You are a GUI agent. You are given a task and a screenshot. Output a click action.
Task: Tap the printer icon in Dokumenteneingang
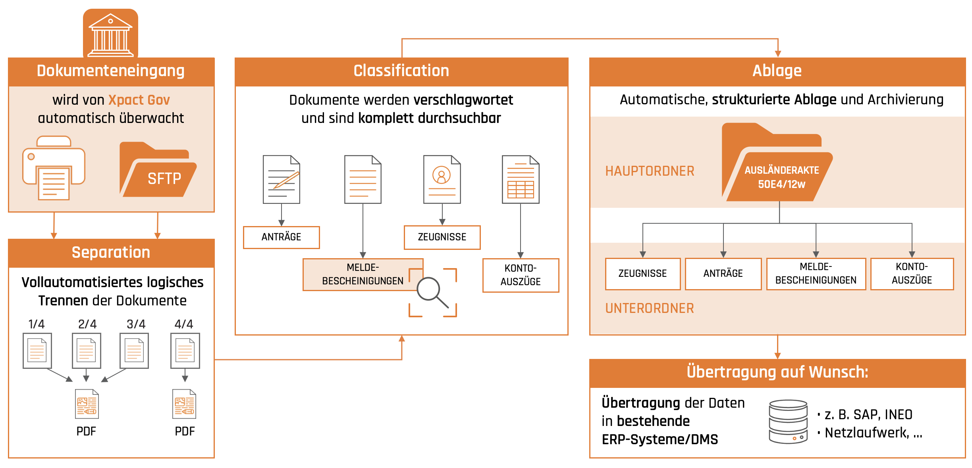tap(54, 168)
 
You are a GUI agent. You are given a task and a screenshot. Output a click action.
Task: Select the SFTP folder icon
tap(158, 169)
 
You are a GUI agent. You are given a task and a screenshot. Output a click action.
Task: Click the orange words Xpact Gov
tap(139, 100)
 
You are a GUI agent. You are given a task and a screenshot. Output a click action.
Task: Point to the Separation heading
tap(111, 253)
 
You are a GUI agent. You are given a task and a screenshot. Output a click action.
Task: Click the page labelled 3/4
tap(134, 351)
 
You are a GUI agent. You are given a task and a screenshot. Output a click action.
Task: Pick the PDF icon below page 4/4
tap(184, 404)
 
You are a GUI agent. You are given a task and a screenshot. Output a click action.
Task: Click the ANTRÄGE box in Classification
tap(282, 237)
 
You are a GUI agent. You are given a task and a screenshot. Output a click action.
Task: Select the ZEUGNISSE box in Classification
tap(442, 237)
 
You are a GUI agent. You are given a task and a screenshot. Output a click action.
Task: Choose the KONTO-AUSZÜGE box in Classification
tap(521, 275)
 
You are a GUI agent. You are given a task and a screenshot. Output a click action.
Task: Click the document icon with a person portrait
tap(442, 179)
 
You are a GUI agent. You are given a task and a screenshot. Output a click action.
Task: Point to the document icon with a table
tap(521, 179)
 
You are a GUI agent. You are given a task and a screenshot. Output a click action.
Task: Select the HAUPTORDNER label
tap(650, 171)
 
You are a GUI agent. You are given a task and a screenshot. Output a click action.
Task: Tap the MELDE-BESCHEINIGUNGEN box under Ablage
tap(816, 274)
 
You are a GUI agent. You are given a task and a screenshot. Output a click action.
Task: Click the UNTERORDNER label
tap(650, 309)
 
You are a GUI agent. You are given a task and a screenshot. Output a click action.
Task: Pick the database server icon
tap(788, 422)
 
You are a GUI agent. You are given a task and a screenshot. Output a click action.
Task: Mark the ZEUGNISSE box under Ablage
tap(643, 274)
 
